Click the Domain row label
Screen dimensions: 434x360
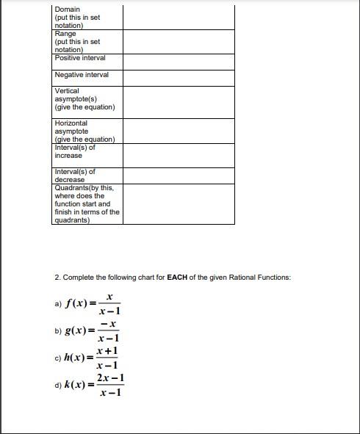point(68,10)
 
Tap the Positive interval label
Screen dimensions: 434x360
point(80,57)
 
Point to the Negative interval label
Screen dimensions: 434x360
point(82,75)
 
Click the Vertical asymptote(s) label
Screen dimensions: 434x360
point(84,99)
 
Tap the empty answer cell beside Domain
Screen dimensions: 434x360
point(179,17)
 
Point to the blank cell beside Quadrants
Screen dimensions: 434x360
point(179,203)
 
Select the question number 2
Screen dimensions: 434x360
point(57,278)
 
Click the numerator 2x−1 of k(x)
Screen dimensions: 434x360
point(111,378)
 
